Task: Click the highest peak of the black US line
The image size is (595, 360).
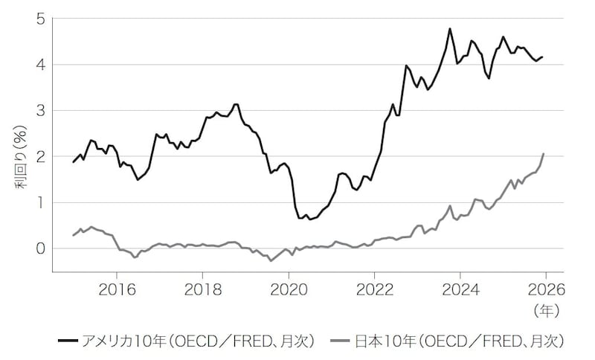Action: [x=450, y=29]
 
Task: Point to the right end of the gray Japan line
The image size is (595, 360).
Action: [x=544, y=154]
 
